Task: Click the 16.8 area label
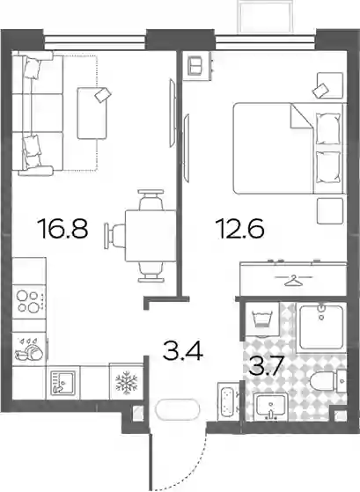point(62,229)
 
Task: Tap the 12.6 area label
point(239,229)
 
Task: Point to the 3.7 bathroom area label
point(266,366)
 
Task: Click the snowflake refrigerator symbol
point(127,382)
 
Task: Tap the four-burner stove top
point(29,302)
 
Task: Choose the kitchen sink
point(63,382)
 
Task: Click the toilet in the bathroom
point(327,381)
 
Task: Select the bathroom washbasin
point(270,407)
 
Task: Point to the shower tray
point(321,327)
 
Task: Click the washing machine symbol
point(261,319)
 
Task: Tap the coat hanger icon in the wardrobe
point(293,280)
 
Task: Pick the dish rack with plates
point(29,349)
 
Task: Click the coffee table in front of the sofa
point(92,114)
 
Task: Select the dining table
point(151,236)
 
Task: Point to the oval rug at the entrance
point(177,409)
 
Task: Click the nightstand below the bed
point(329,211)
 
